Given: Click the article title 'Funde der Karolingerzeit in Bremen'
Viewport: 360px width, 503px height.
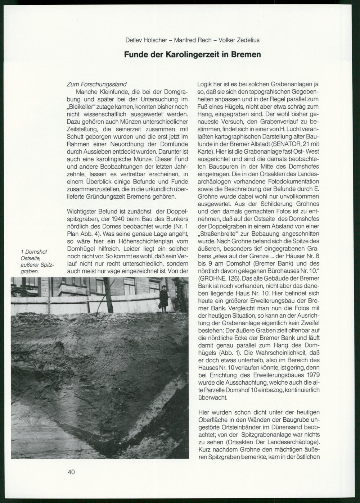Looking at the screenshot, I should [192, 55].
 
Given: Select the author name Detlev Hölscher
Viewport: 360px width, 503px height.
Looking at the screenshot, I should [146, 40].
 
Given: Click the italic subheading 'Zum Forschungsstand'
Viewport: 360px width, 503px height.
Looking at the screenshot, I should [96, 84].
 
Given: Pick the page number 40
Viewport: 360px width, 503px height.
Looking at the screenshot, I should [71, 472].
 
